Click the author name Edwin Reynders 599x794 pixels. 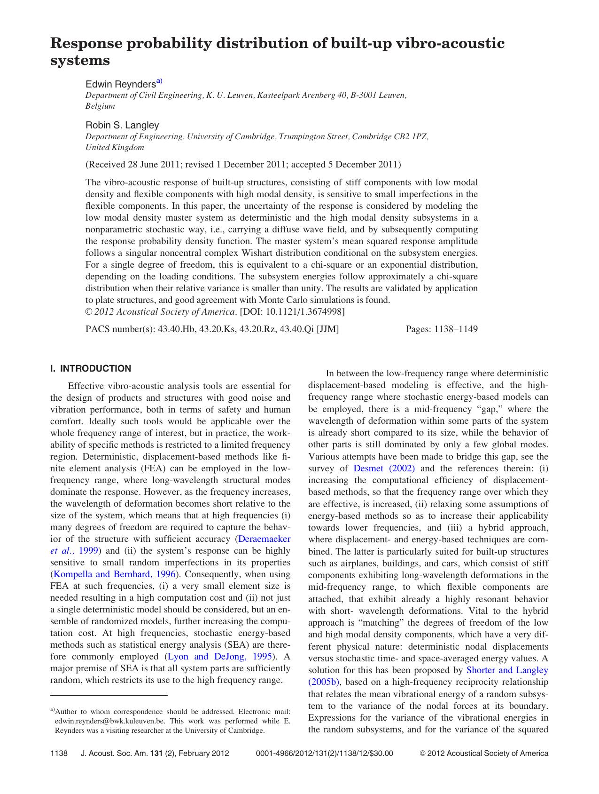click(120, 85)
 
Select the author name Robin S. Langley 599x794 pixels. click(122, 125)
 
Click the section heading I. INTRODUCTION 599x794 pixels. click(90, 369)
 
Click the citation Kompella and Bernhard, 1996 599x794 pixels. click(115, 574)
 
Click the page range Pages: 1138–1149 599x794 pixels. click(441, 329)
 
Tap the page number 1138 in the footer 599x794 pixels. click(59, 754)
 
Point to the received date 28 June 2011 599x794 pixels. click(154, 165)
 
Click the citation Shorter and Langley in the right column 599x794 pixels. click(507, 670)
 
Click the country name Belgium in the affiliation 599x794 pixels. click(100, 106)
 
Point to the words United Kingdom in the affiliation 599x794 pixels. click(115, 148)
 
